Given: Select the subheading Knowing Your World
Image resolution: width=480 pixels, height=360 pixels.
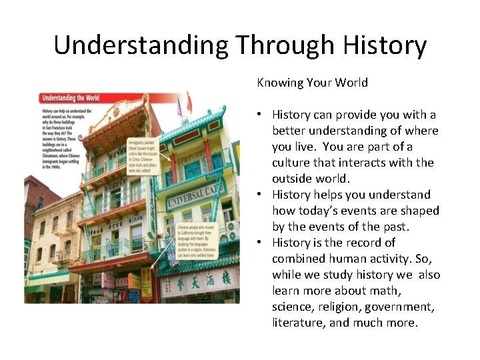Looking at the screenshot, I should pos(312,83).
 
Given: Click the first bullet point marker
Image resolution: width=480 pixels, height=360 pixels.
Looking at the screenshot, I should pos(262,115).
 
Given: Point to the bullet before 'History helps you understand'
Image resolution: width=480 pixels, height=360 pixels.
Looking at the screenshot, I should pos(262,195).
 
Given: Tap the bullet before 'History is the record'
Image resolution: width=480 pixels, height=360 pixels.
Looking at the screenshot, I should pos(262,243).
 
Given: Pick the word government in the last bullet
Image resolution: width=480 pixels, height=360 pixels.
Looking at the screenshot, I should pos(399,307).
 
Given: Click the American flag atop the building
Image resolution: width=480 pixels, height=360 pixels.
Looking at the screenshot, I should pos(179,107).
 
